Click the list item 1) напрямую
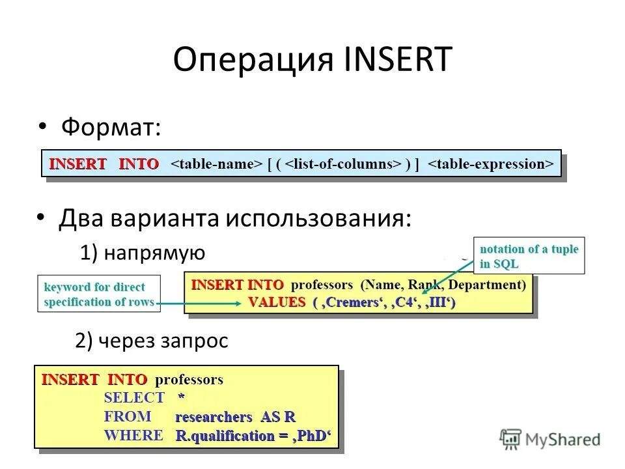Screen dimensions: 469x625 coord(143,253)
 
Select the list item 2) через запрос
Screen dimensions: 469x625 coord(152,341)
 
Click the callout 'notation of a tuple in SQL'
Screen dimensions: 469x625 coord(529,256)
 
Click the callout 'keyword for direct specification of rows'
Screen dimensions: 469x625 coord(99,294)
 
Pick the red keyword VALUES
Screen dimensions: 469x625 coord(277,302)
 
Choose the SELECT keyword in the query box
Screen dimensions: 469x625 coord(134,398)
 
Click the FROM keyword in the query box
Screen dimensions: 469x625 coord(128,416)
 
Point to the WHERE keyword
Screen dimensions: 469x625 coord(133,435)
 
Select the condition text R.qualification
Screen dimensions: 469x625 coord(225,436)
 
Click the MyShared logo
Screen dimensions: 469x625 coord(550,439)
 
